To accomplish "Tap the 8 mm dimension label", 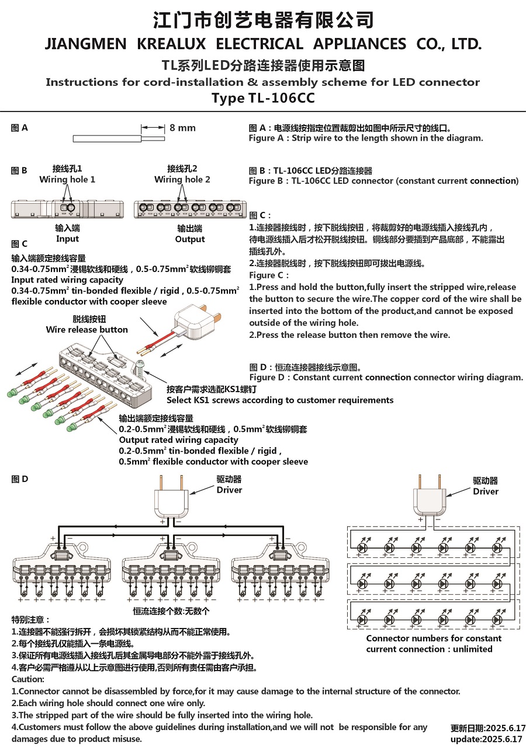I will coord(182,128).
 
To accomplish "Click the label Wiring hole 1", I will coord(67,179).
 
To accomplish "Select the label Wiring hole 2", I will coord(182,179).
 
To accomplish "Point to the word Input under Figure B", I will coord(67,239).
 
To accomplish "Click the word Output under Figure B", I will coord(190,239).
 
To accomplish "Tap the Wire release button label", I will coord(87,330).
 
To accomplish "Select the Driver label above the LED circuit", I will coord(486,491).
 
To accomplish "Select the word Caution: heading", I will coord(28,679).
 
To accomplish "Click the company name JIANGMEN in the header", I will coord(85,44).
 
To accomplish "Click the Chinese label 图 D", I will coord(20,479).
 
